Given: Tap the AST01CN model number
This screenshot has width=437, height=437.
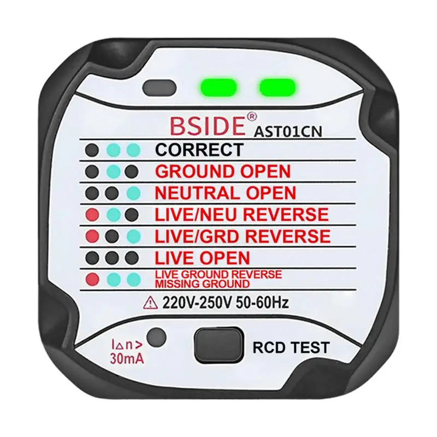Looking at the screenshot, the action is tap(284, 131).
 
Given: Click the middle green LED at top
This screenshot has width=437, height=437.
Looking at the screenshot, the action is tap(218, 87).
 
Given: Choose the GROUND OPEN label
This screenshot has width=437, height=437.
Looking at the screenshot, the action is tap(223, 171).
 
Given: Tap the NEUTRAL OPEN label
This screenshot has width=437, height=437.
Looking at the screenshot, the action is tap(225, 193).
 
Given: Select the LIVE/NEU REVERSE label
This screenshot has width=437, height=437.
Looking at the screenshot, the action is tap(241, 214).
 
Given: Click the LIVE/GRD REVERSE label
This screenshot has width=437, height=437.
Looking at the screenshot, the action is tap(243, 236).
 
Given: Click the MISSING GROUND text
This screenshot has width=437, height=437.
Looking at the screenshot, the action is tap(203, 284).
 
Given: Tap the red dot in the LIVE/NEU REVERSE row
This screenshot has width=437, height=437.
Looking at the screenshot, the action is tap(91, 214).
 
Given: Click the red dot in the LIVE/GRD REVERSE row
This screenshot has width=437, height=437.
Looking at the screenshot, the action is tap(91, 236).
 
